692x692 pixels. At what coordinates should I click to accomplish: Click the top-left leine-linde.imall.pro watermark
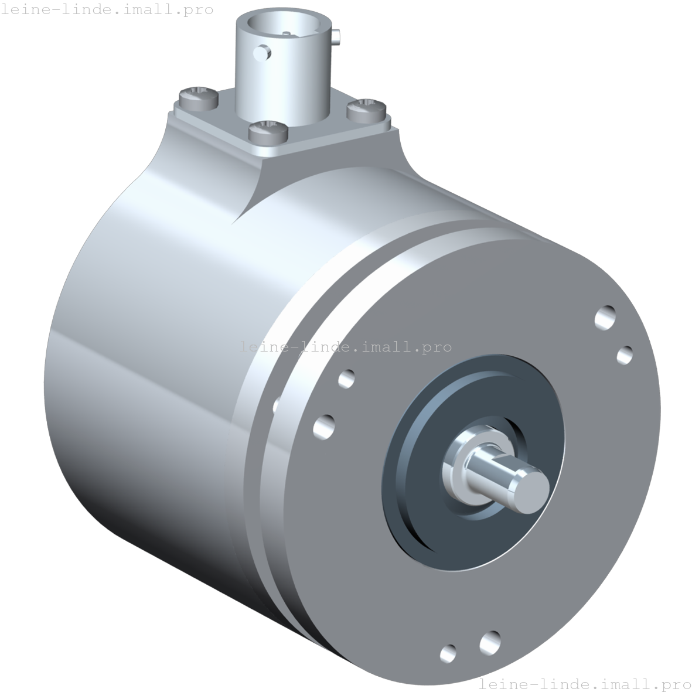tap(107, 9)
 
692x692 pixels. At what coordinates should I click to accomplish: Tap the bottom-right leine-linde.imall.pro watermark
tap(585, 683)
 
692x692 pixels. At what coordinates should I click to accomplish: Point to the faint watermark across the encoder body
tap(346, 347)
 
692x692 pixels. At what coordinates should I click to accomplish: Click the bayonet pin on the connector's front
tap(263, 54)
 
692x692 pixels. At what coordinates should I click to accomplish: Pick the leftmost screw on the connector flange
tap(198, 97)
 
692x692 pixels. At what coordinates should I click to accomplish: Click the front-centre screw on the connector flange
tap(268, 131)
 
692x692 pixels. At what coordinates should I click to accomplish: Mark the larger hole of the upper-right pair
tap(605, 318)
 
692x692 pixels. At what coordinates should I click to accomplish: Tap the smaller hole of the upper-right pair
tap(625, 354)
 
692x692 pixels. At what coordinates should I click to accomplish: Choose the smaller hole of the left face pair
tap(346, 379)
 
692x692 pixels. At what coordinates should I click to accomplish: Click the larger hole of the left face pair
tap(324, 425)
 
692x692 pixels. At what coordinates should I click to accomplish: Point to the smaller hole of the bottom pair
tap(448, 652)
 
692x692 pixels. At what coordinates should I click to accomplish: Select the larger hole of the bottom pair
tap(489, 643)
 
